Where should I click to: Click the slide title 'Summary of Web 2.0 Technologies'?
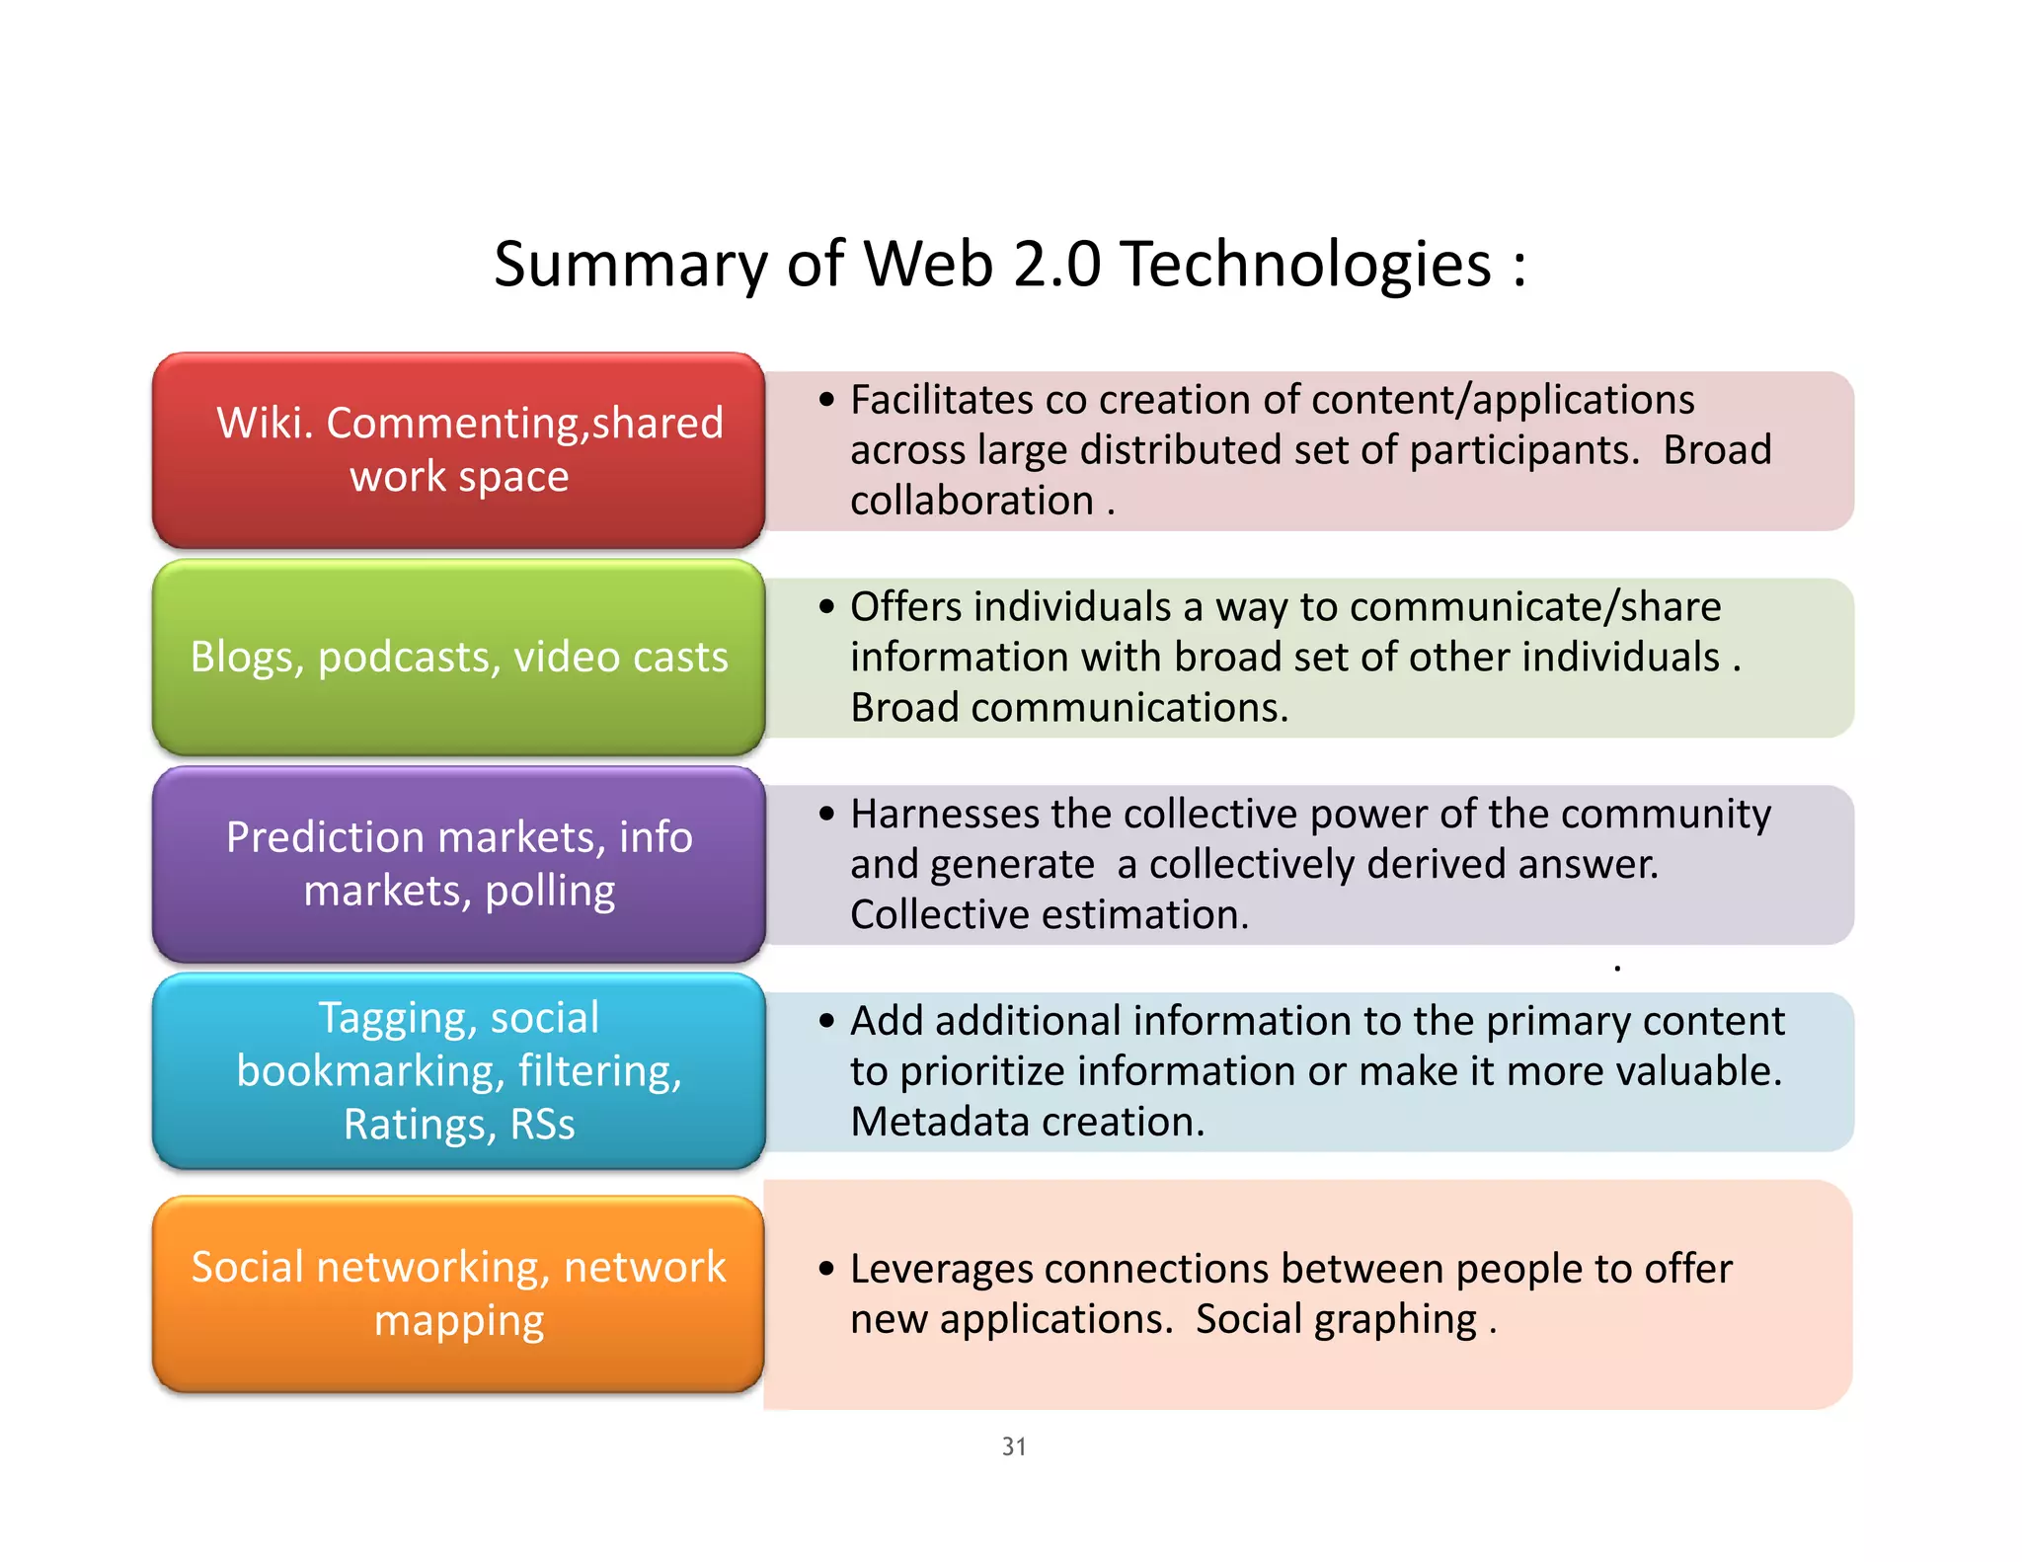(x=1009, y=265)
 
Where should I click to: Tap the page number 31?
(x=1014, y=1446)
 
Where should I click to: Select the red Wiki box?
(x=458, y=450)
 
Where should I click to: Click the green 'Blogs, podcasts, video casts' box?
(x=458, y=658)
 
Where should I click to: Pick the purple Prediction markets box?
(x=458, y=864)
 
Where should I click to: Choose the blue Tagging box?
(x=458, y=1071)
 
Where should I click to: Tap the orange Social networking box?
(x=458, y=1293)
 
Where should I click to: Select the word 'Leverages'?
(x=943, y=1270)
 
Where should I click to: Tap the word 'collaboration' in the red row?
(x=972, y=501)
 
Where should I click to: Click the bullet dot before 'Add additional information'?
(x=826, y=1021)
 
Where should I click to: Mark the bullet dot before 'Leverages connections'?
(x=826, y=1269)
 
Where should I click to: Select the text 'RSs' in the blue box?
(x=542, y=1125)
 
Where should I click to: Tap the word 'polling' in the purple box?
(x=550, y=892)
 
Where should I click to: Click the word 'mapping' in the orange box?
(x=459, y=1321)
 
